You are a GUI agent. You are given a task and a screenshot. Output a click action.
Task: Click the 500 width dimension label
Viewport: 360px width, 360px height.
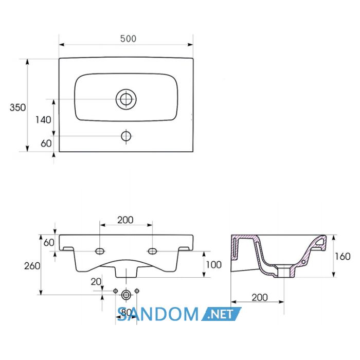point(128,39)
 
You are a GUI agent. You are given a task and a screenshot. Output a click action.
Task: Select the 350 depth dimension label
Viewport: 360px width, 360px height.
point(17,107)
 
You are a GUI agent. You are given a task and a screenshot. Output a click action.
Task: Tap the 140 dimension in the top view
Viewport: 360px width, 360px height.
point(43,120)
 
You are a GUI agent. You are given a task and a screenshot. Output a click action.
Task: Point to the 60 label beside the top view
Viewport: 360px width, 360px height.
point(46,143)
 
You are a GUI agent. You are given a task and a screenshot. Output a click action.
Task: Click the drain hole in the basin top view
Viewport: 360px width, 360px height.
point(126,99)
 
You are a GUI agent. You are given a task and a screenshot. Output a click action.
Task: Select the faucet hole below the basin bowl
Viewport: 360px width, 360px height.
point(126,136)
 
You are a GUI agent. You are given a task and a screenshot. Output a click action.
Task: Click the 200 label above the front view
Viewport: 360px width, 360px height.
point(125,220)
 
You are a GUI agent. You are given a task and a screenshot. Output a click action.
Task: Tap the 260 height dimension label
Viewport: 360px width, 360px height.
point(32,266)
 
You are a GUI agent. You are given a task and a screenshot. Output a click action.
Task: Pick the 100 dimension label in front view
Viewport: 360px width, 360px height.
point(214,265)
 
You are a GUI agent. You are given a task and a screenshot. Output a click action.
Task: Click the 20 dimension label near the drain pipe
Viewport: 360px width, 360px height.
point(96,282)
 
